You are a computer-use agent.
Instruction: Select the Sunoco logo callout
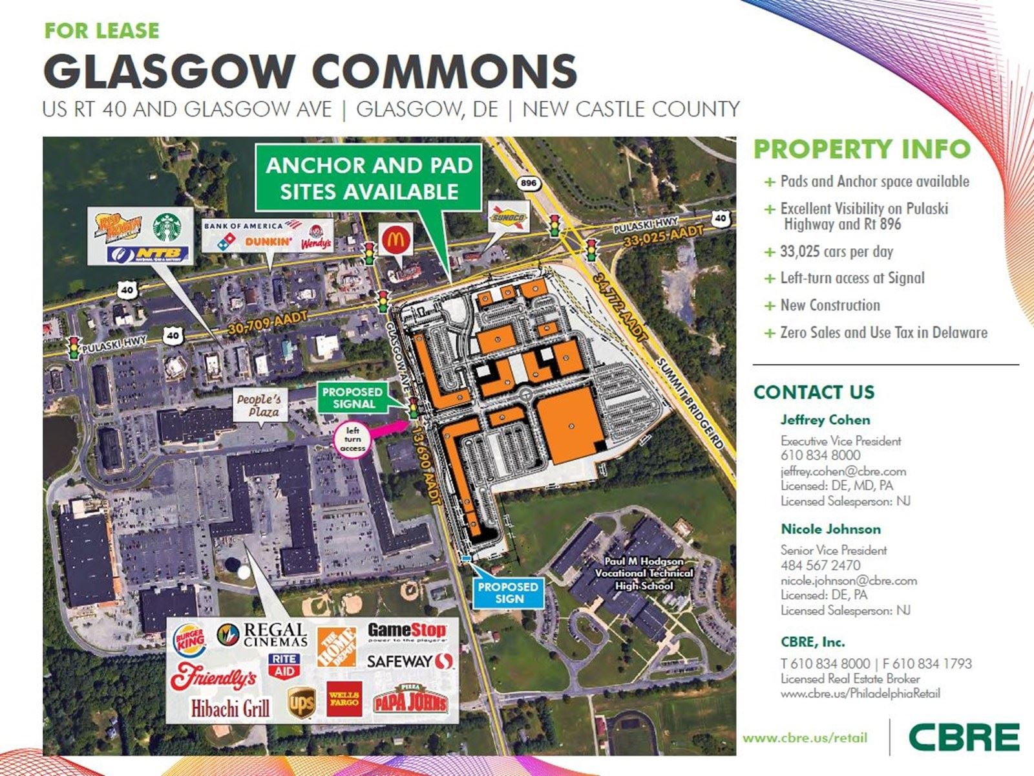coord(508,217)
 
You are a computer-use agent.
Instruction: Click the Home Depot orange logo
coord(336,647)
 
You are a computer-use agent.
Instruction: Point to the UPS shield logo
coord(301,702)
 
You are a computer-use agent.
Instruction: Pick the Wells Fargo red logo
coord(344,699)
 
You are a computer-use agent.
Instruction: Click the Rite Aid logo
coord(284,665)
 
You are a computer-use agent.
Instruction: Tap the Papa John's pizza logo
coord(410,699)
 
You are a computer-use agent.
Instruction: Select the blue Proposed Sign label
coord(508,593)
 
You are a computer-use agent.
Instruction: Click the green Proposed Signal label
coord(352,398)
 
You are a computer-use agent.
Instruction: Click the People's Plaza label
coord(259,405)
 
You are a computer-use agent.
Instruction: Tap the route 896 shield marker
coord(528,183)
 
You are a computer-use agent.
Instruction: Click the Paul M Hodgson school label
coord(644,574)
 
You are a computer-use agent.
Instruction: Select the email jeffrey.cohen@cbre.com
coord(843,471)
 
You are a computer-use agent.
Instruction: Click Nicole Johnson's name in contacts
coord(830,529)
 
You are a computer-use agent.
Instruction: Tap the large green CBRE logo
coord(964,737)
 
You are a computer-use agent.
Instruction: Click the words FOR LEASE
coord(101,30)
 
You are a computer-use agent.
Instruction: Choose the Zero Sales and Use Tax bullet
coord(883,332)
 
